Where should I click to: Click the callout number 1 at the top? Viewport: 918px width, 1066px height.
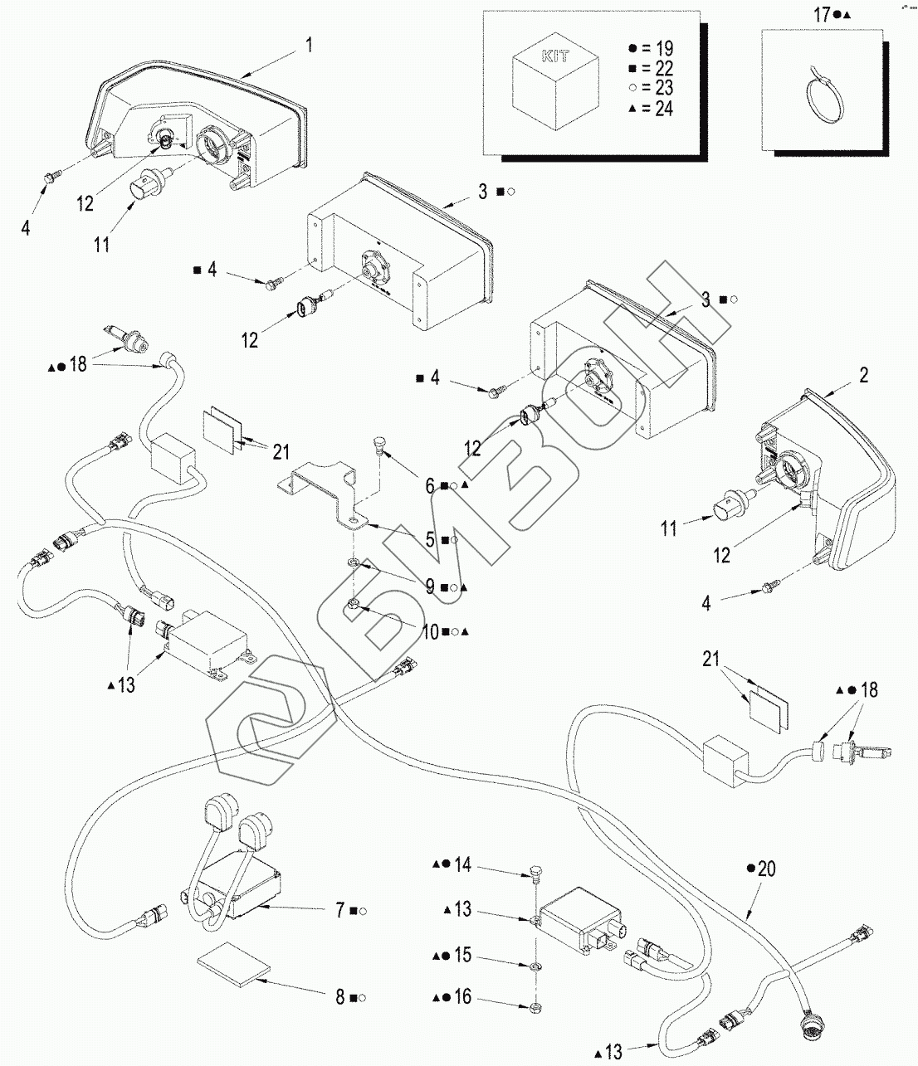[310, 44]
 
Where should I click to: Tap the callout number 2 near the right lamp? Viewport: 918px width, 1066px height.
[864, 375]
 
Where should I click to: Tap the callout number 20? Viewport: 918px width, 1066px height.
[767, 869]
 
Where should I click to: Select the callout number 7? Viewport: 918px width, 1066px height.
[340, 911]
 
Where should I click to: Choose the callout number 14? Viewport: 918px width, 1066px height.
[462, 865]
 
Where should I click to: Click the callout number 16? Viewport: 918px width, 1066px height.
[462, 996]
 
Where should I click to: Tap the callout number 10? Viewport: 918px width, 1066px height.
[430, 631]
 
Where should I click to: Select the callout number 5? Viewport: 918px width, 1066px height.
[430, 540]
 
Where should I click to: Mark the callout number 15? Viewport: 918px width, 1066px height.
[462, 956]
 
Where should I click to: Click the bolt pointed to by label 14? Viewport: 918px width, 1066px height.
[535, 874]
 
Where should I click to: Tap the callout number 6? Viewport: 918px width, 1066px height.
[430, 485]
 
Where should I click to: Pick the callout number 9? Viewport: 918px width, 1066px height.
[430, 587]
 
